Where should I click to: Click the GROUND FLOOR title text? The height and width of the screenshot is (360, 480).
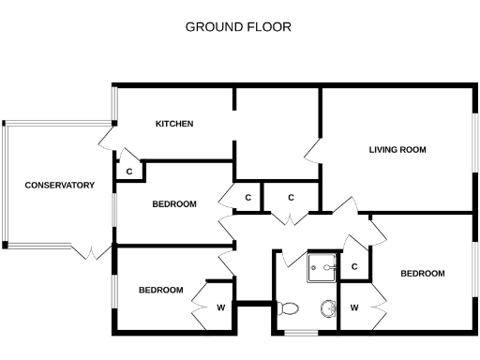click(238, 26)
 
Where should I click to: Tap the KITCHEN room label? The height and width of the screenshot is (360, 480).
click(174, 124)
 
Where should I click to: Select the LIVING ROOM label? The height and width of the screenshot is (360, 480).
click(397, 149)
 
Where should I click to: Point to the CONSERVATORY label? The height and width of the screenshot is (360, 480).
click(60, 186)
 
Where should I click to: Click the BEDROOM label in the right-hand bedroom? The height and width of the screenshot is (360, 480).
click(422, 274)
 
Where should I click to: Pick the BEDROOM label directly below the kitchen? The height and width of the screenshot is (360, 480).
click(174, 204)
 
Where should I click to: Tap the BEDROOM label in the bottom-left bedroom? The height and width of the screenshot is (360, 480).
click(161, 290)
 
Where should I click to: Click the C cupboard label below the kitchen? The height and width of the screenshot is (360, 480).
click(128, 172)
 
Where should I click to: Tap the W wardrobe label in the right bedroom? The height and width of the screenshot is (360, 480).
click(354, 307)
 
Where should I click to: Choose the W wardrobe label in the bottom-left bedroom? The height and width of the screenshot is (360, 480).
click(221, 307)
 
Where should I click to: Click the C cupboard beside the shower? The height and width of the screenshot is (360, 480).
click(354, 267)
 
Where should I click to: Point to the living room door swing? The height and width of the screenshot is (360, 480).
click(312, 153)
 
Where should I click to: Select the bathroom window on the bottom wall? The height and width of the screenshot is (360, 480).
click(300, 333)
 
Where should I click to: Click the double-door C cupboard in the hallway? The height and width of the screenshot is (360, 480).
click(292, 198)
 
